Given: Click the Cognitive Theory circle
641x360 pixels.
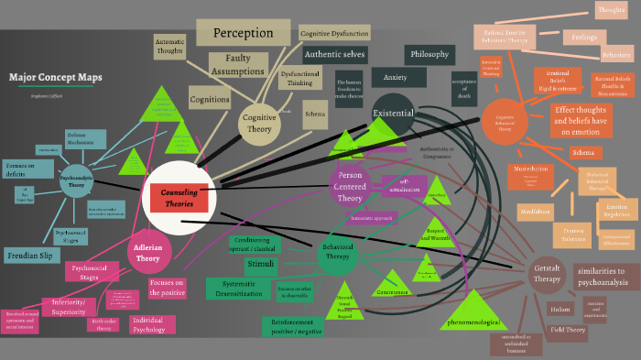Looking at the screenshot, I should point(258,124).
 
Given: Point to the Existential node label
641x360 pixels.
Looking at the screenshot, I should point(393,114).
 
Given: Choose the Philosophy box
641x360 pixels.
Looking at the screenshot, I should point(430,54).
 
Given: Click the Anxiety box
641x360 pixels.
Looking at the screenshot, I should point(396,77).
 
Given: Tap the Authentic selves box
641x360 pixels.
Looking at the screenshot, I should point(334,54).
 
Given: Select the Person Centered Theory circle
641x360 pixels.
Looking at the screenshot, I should point(350,186).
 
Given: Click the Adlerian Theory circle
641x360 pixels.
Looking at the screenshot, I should point(147,252).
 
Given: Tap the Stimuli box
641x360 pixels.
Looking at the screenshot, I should point(260,265).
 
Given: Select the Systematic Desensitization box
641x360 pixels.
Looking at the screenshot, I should point(238,289).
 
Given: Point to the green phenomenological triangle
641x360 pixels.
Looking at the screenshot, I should point(473,316).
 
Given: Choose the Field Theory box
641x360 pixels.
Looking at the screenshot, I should point(568,329).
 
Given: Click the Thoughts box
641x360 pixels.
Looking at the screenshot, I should point(611,11).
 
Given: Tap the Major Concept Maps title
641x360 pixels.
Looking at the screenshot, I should point(56,77).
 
